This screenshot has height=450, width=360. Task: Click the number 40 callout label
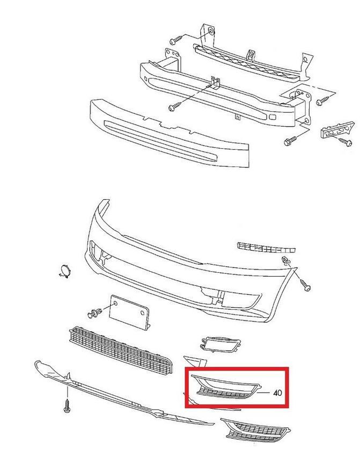pyautogui.click(x=277, y=392)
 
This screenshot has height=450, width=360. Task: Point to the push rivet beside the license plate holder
pyautogui.click(x=94, y=313)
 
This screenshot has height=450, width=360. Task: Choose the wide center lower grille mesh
pyautogui.click(x=121, y=350)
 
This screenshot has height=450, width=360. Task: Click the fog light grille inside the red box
pyautogui.click(x=226, y=387)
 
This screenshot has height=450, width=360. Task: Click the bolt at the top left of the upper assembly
pyautogui.click(x=175, y=40)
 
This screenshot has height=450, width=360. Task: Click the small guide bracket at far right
pyautogui.click(x=337, y=130)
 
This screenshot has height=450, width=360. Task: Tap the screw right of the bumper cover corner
pyautogui.click(x=305, y=285)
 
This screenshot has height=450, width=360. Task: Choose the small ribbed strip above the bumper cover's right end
pyautogui.click(x=267, y=247)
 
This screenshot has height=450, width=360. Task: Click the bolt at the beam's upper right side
pyautogui.click(x=323, y=101)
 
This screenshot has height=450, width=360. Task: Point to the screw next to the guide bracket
pyautogui.click(x=345, y=142)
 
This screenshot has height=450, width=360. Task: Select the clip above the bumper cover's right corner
pyautogui.click(x=286, y=260)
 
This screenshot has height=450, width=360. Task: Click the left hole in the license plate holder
pyautogui.click(x=115, y=303)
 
